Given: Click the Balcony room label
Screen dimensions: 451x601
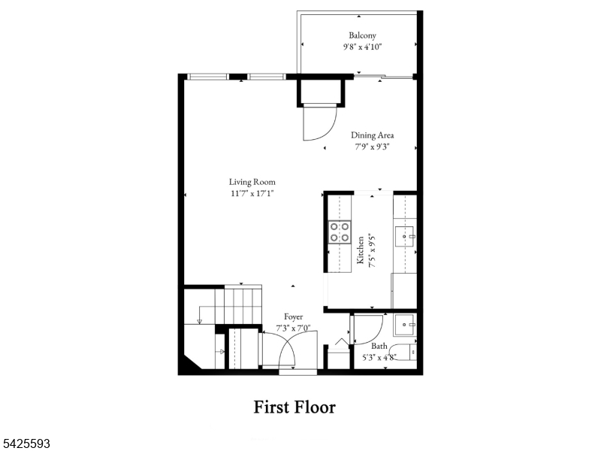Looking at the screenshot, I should coord(362,35).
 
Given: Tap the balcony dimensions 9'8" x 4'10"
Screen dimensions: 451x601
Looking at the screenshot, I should coord(362,46).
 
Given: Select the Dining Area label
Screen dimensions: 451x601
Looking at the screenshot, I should coord(372,135).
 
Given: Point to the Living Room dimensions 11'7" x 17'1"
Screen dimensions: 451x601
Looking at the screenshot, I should coord(252,193).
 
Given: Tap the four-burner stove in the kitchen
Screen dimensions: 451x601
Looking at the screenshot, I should coord(340,232).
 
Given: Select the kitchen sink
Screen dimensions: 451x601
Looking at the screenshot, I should coord(405,237).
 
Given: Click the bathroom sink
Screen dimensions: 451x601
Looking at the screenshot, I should coord(405,325).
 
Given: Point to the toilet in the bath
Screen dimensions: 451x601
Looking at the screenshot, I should coord(406,351).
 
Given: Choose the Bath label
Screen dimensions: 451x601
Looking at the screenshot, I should coord(379,347).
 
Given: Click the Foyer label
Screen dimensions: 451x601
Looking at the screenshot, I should coord(294,317).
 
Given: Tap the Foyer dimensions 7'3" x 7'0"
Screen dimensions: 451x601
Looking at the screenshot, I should coord(294,328).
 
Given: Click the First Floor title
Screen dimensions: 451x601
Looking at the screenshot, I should coord(294,407).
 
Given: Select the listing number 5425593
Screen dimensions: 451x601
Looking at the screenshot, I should coord(26,444).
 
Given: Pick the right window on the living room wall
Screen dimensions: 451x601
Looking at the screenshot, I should coord(266,76).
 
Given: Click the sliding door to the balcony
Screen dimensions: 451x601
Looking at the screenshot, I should coord(383,76).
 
